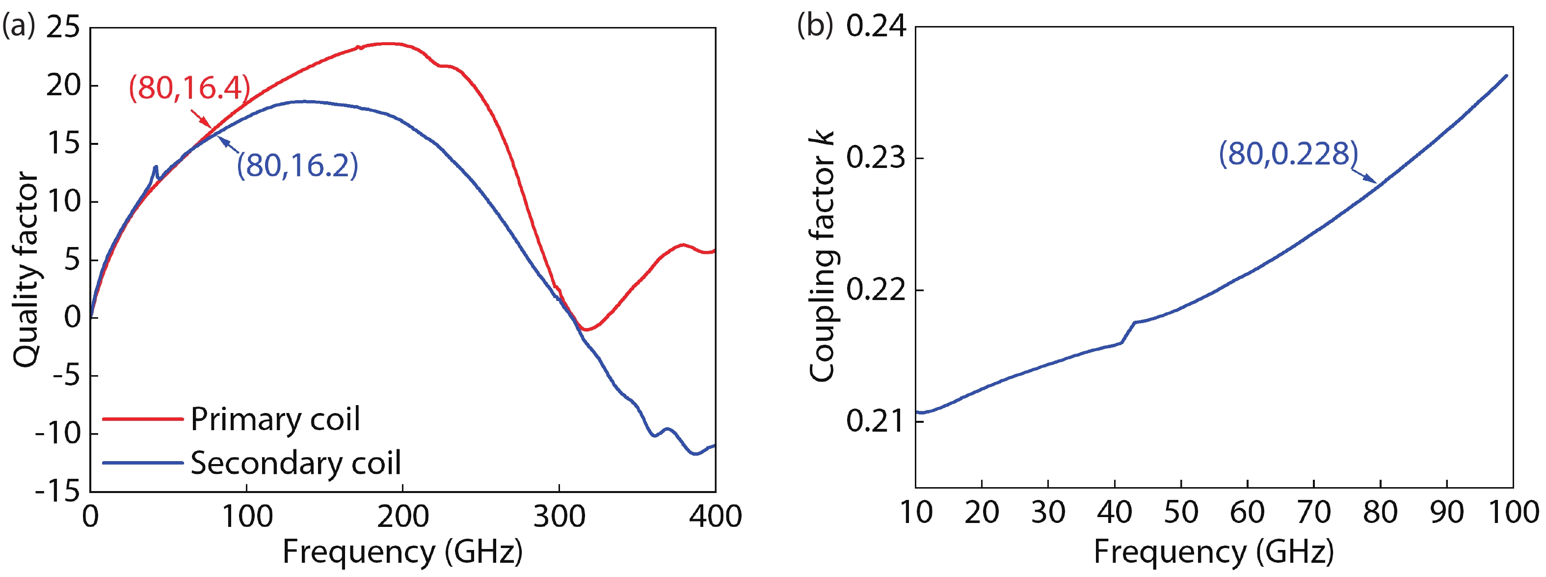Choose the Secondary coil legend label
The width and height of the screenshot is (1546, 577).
(295, 464)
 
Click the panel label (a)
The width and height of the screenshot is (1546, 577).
(19, 26)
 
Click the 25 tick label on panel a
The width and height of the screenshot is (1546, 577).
(63, 27)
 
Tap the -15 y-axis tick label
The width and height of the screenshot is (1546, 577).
(58, 492)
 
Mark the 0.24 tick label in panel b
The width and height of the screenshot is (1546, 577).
(876, 27)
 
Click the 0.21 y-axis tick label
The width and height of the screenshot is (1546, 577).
(876, 421)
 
